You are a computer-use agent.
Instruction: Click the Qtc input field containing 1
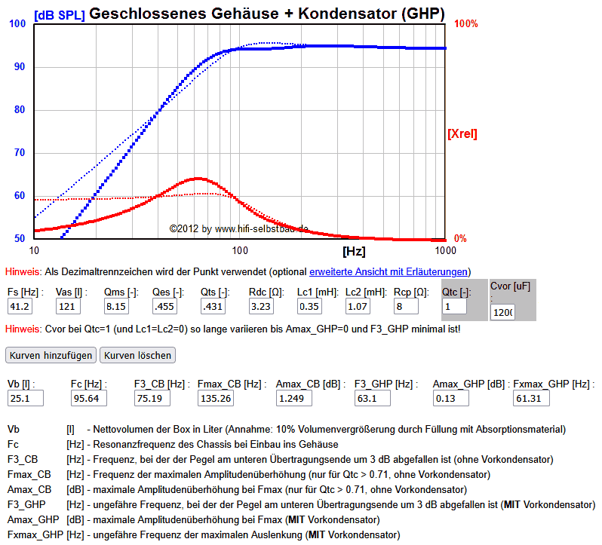pyautogui.click(x=454, y=306)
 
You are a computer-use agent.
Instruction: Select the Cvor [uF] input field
pyautogui.click(x=502, y=311)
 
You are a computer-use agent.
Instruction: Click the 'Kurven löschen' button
pyautogui.click(x=137, y=354)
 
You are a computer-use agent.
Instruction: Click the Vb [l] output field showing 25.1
pyautogui.click(x=26, y=397)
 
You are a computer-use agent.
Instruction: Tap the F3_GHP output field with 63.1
pyautogui.click(x=374, y=397)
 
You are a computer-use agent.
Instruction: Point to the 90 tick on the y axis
pyautogui.click(x=19, y=67)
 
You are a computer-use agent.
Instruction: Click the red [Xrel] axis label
pyautogui.click(x=462, y=134)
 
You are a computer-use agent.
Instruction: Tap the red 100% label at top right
pyautogui.click(x=465, y=24)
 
